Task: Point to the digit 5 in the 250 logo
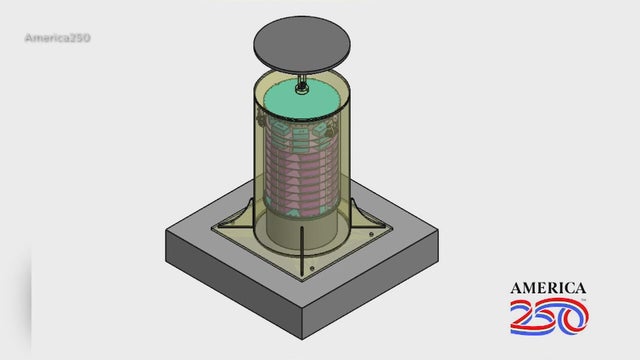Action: tap(552, 317)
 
